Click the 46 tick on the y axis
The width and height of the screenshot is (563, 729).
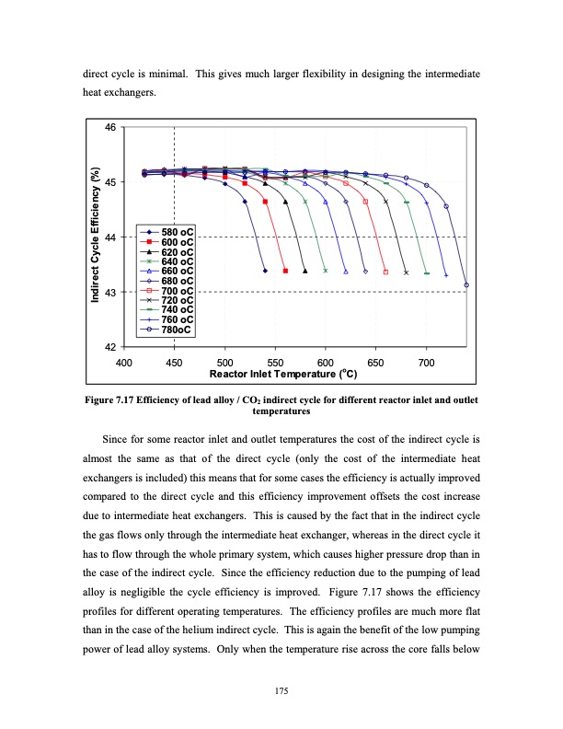coord(111,127)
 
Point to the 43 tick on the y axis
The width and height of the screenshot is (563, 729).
coord(111,292)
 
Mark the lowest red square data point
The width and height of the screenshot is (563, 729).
coord(285,271)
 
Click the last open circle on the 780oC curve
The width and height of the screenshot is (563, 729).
coord(466,285)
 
